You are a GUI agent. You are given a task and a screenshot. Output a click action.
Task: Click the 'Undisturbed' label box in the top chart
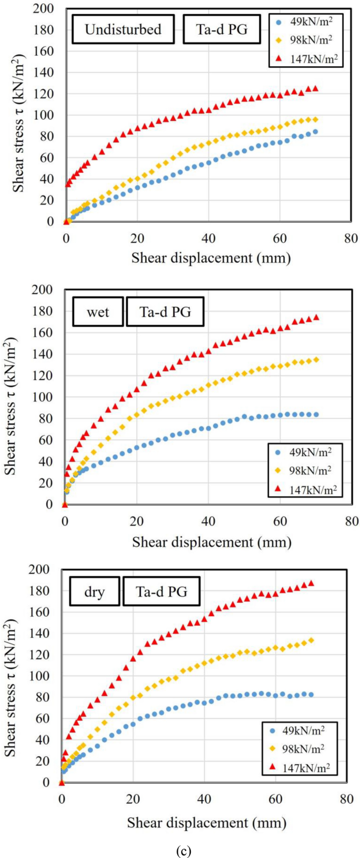(x=123, y=29)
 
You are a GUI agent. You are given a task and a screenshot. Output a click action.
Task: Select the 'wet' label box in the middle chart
(x=98, y=312)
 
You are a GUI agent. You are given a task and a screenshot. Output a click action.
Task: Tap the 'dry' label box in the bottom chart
(x=95, y=592)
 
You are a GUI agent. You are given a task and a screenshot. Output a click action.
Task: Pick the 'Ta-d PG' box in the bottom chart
(x=161, y=592)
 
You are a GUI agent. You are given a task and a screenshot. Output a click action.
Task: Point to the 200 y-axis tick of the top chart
(x=44, y=8)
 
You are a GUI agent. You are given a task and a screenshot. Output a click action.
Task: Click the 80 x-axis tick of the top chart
(x=351, y=238)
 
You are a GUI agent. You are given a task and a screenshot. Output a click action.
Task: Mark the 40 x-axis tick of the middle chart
(x=209, y=521)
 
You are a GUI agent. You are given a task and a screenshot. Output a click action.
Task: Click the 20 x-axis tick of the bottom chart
(x=133, y=799)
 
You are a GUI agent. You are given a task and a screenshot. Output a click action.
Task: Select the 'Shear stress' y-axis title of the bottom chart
(x=11, y=688)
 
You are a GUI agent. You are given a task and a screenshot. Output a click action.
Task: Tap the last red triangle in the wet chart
(x=316, y=317)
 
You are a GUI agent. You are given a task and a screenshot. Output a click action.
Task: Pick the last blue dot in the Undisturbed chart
(x=315, y=132)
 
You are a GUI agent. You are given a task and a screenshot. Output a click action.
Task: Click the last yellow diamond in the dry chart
(x=311, y=640)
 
